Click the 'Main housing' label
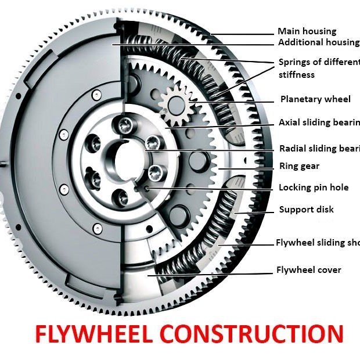click(307, 31)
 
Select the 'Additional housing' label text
click(318, 42)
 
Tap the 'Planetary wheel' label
click(315, 99)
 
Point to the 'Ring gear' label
click(299, 166)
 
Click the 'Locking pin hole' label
click(314, 188)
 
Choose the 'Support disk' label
click(307, 210)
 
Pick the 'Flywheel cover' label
click(308, 270)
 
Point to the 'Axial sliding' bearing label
click(319, 123)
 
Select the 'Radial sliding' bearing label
click(319, 148)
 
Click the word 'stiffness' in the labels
click(296, 75)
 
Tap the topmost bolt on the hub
click(123, 123)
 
